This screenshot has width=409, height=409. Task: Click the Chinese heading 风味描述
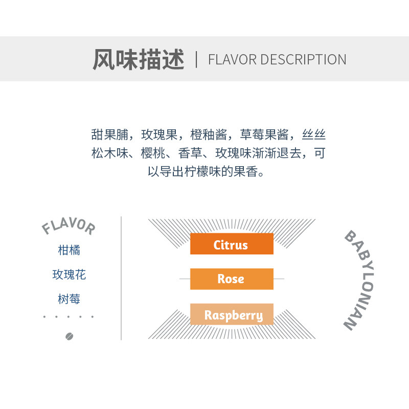click(138, 59)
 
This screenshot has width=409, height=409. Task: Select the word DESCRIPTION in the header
click(303, 60)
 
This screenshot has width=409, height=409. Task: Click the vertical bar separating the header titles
click(196, 59)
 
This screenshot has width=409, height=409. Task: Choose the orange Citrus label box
click(232, 244)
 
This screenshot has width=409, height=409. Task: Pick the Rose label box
click(232, 279)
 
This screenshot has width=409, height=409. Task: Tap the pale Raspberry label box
click(232, 314)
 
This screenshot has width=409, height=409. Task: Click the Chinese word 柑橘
click(69, 251)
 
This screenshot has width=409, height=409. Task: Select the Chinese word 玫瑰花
click(69, 275)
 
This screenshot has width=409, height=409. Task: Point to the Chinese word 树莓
click(69, 299)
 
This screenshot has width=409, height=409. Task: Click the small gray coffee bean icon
click(70, 336)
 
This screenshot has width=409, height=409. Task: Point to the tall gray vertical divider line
click(121, 278)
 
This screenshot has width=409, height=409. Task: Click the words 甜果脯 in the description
click(108, 135)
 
